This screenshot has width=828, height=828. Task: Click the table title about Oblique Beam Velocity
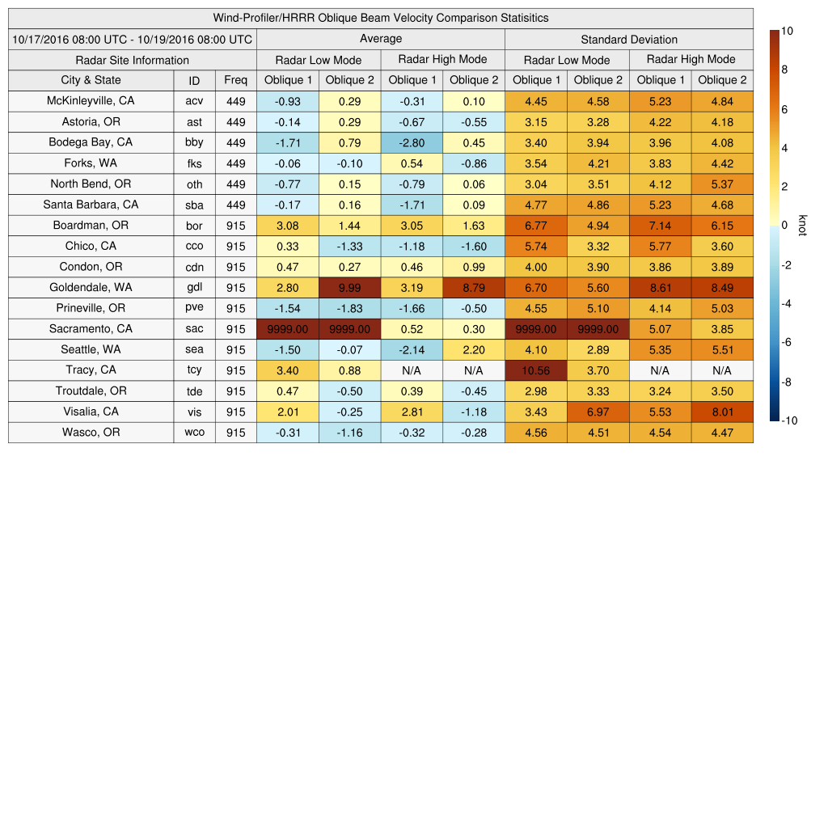click(381, 18)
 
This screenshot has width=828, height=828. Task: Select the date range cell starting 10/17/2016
click(132, 39)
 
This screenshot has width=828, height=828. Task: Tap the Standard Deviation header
click(629, 39)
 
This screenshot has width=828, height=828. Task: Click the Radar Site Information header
click(132, 60)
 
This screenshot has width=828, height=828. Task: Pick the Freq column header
click(235, 80)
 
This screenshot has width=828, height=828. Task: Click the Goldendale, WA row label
click(91, 287)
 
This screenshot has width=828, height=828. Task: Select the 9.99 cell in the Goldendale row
click(349, 288)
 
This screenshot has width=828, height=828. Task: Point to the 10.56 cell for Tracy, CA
click(535, 370)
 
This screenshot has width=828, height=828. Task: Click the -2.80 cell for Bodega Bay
click(411, 143)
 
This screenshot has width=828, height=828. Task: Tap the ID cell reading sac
click(194, 329)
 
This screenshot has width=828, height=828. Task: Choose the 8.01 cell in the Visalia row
click(722, 412)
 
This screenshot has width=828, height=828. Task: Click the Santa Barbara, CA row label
click(91, 205)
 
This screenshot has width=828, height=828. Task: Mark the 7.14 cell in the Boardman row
click(660, 226)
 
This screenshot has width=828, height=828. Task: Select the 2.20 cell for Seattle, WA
click(473, 350)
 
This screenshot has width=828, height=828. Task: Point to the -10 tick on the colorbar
click(790, 420)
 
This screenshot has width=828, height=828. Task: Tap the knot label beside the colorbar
click(802, 226)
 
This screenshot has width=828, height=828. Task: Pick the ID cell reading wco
click(194, 433)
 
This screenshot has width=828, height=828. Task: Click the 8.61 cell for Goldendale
click(660, 288)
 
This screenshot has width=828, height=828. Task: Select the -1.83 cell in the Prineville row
click(349, 308)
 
